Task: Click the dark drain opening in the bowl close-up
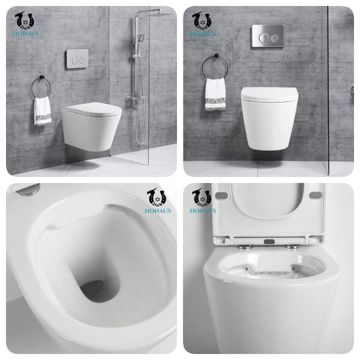click(x=98, y=292)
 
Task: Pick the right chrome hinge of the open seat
click(x=293, y=245)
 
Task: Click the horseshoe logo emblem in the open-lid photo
click(x=201, y=197)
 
